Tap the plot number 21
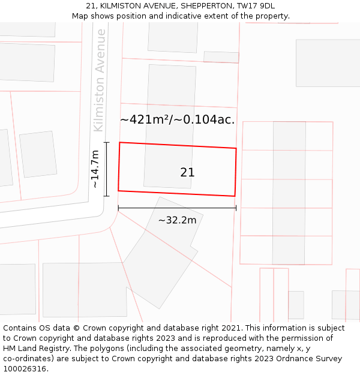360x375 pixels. [x=187, y=172]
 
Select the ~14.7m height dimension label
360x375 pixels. [x=95, y=169]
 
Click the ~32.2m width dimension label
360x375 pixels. [x=177, y=220]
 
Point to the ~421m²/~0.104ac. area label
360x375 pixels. [x=177, y=119]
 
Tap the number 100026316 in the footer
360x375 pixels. [x=25, y=369]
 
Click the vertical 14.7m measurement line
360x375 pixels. [x=107, y=169]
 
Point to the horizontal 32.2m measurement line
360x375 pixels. [x=177, y=208]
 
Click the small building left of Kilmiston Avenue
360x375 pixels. [x=38, y=154]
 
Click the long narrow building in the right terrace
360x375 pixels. [x=289, y=193]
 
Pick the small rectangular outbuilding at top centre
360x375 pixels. [x=221, y=57]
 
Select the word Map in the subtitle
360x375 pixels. [x=80, y=16]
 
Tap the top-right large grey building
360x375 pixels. [x=328, y=63]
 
